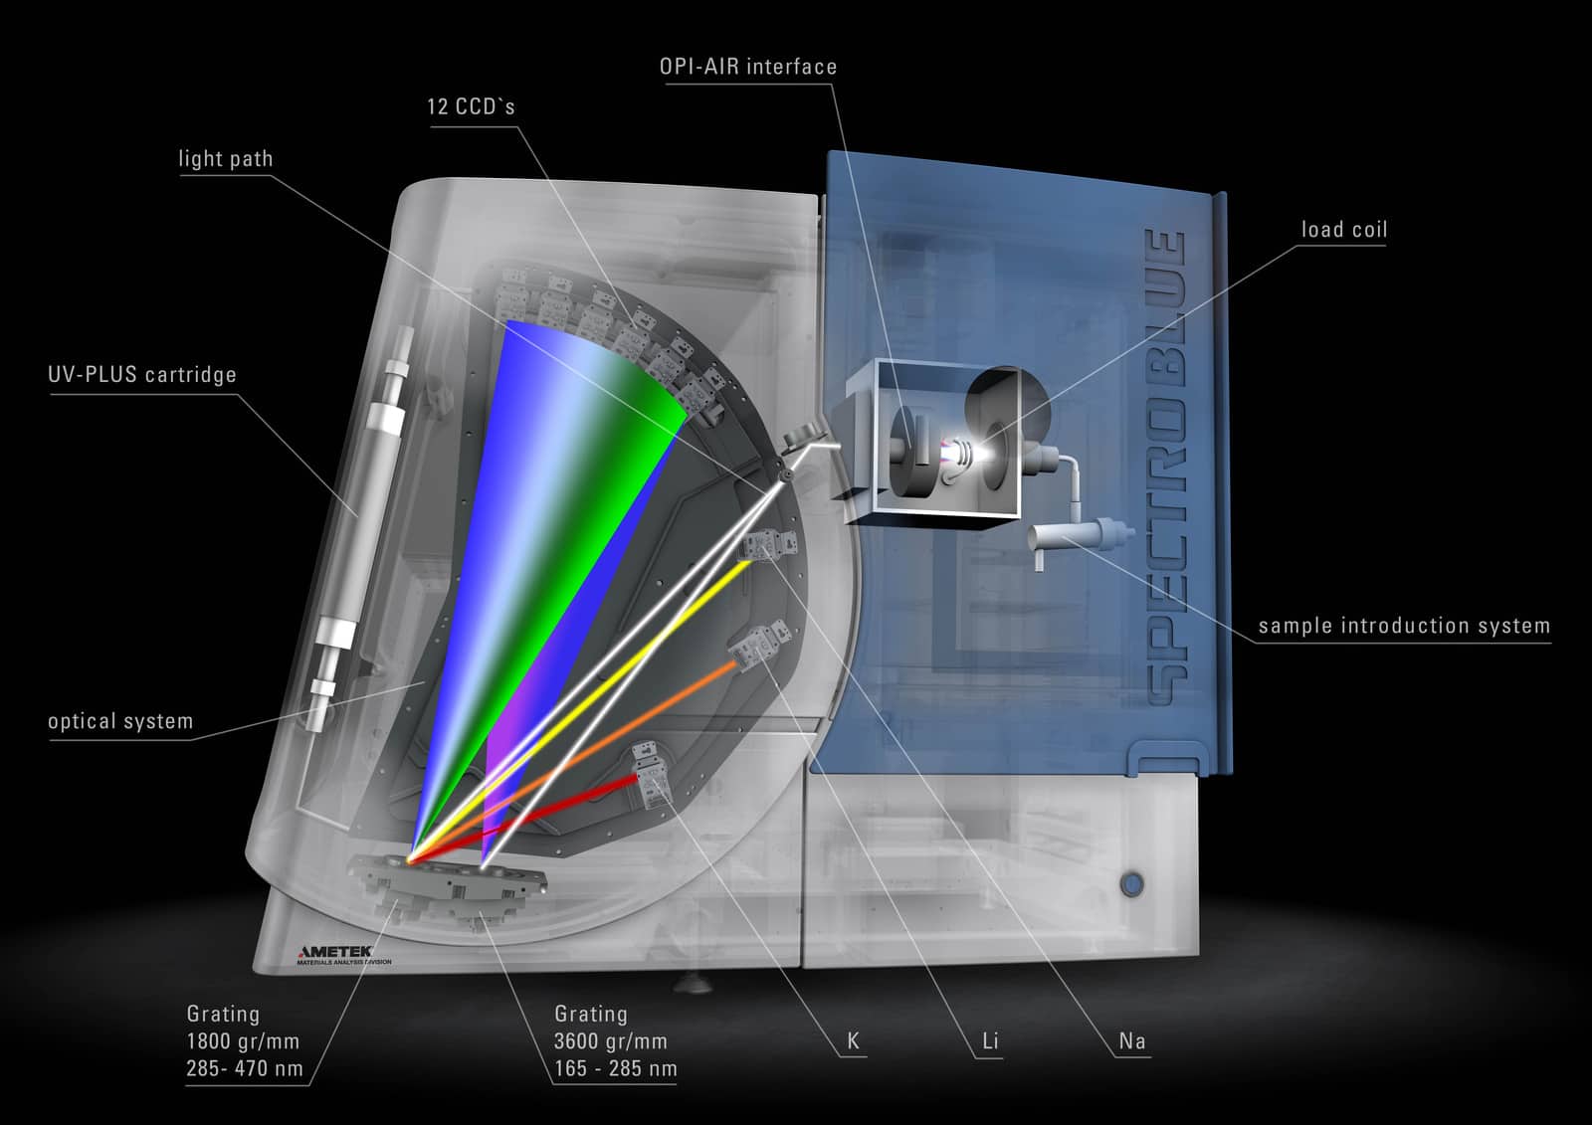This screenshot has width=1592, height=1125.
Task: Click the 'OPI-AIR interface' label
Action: click(x=747, y=67)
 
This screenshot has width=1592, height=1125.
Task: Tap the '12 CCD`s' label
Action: click(x=471, y=106)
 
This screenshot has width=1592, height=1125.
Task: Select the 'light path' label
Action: click(x=225, y=158)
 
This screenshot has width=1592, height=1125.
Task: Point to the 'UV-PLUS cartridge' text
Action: click(x=142, y=375)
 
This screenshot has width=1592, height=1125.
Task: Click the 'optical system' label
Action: click(x=120, y=721)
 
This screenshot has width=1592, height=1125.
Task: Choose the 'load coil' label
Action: click(x=1344, y=230)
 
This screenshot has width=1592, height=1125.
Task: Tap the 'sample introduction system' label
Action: click(x=1404, y=626)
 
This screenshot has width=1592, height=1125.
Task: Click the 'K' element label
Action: click(x=853, y=1041)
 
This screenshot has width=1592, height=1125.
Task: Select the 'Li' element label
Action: click(x=990, y=1041)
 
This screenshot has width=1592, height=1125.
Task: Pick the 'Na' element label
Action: click(x=1132, y=1041)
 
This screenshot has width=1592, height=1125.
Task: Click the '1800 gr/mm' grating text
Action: click(x=243, y=1041)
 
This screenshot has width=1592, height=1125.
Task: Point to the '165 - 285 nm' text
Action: click(x=616, y=1069)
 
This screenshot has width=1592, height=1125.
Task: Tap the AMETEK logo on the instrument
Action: click(x=334, y=951)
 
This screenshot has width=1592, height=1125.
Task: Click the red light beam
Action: click(x=522, y=819)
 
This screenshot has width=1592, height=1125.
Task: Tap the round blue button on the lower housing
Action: click(x=1132, y=885)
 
